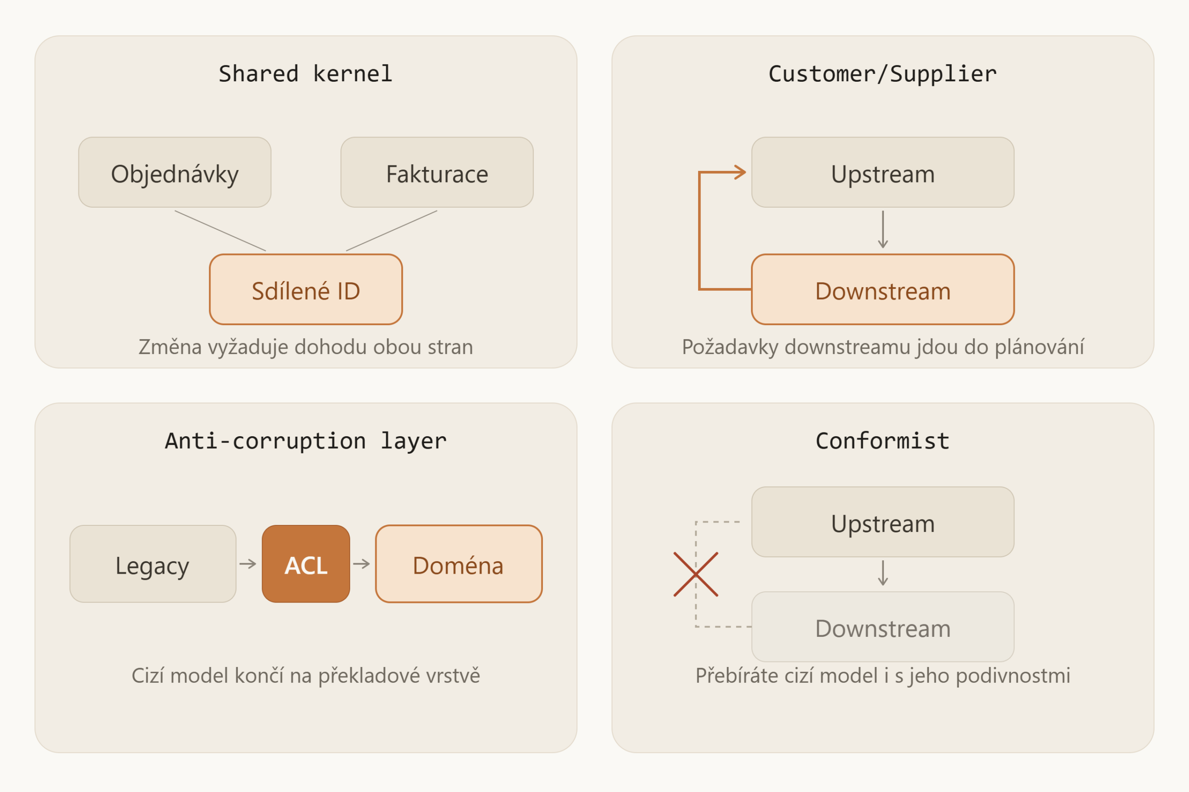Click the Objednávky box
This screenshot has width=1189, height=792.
coord(175,172)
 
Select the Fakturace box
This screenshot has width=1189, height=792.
coord(437,172)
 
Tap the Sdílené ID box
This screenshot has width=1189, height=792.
coord(306,289)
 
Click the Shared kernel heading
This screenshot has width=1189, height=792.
coord(306,74)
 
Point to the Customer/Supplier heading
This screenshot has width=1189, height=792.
coord(882,74)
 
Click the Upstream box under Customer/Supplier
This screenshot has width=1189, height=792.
coord(882,172)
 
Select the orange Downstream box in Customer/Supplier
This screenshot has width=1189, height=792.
coord(882,289)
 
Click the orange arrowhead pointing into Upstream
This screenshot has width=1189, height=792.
coord(741,172)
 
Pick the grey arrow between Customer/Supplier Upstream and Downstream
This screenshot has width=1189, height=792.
coord(882,230)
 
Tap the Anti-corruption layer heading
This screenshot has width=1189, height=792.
coord(306,441)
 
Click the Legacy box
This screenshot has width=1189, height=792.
coord(153,564)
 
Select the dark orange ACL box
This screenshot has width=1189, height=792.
coord(306,564)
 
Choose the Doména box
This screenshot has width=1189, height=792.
coord(459,564)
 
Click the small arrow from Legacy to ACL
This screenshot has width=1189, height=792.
coord(248,564)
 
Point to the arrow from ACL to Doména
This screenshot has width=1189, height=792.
coord(361,564)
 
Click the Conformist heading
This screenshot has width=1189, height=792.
coord(882,441)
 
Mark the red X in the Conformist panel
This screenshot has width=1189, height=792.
coord(696,574)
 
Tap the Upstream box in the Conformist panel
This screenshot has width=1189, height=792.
coord(882,522)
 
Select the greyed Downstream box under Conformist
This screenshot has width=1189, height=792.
coord(882,627)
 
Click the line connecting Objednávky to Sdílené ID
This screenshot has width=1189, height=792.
coord(220,231)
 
